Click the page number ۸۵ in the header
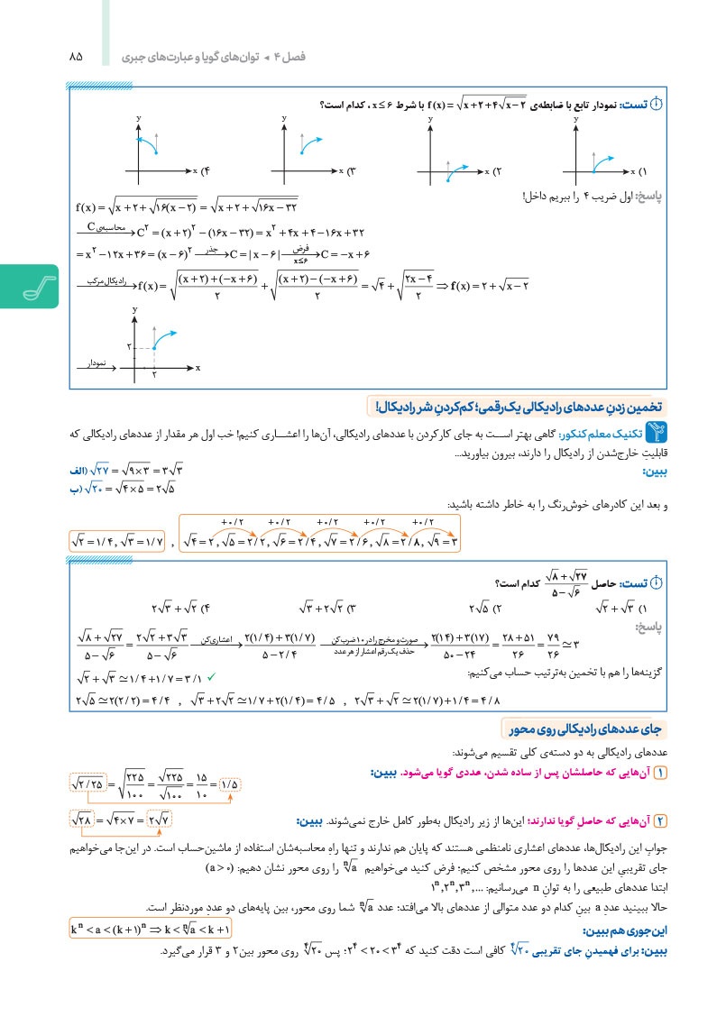click(x=75, y=57)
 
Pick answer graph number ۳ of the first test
click(x=302, y=149)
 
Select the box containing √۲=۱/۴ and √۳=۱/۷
click(x=117, y=541)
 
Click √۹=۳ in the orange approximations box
click(x=442, y=542)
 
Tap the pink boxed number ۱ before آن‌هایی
click(x=659, y=774)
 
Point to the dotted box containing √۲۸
click(x=87, y=820)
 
